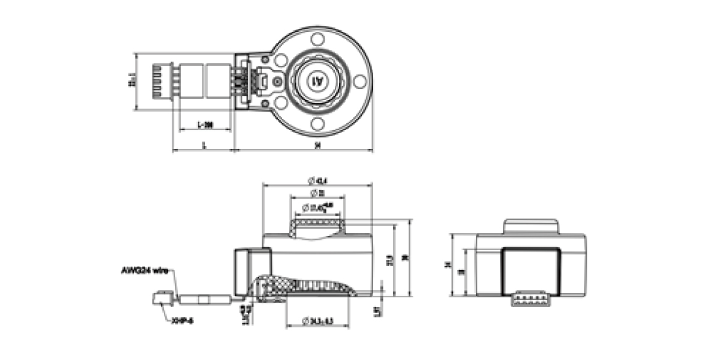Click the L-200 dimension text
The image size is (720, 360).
(205, 125)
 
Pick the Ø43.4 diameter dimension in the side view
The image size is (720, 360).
(317, 180)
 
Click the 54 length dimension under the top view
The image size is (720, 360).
(317, 145)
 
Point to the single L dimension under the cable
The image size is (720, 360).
(204, 145)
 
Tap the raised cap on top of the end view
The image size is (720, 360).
(530, 226)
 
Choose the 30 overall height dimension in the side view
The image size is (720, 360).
(407, 258)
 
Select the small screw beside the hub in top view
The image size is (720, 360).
(277, 81)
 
